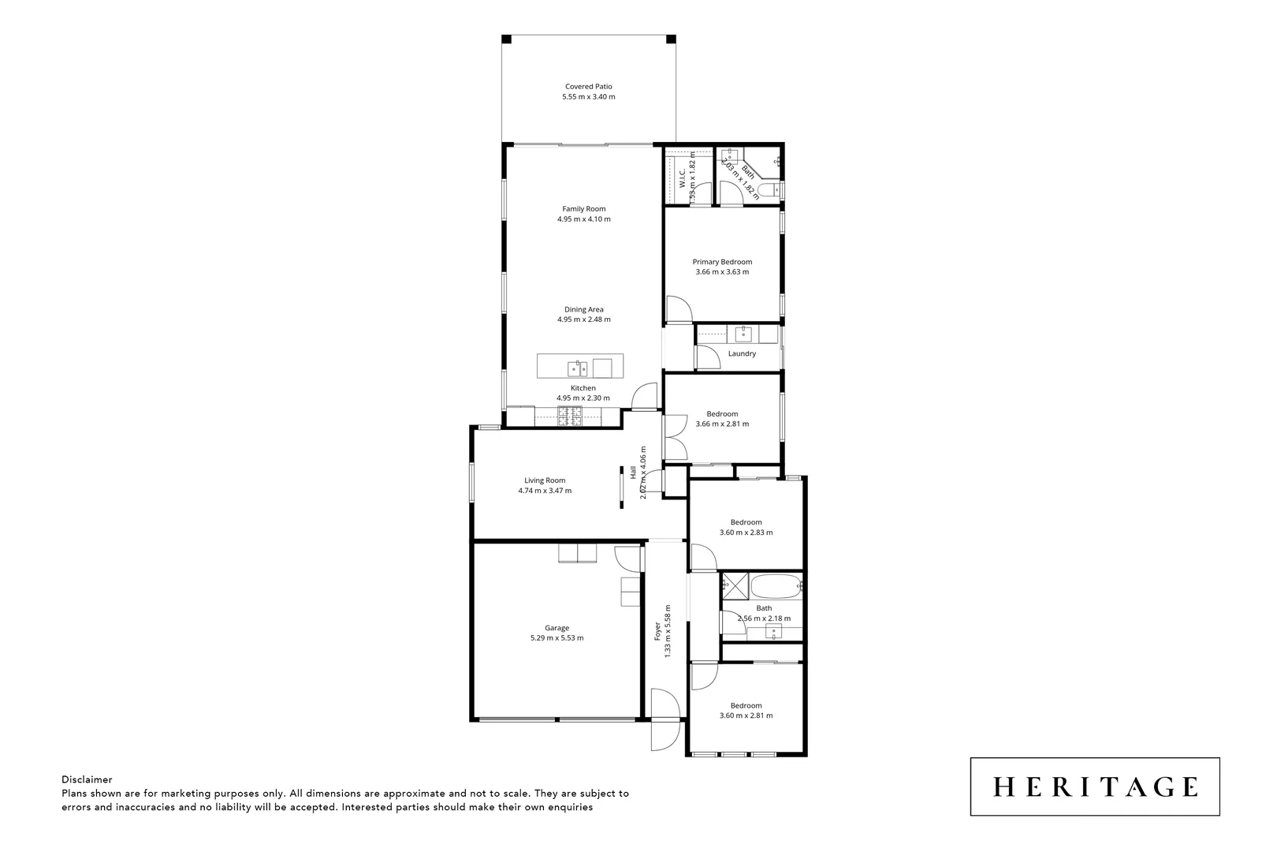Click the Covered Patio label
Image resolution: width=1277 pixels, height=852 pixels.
click(x=588, y=87)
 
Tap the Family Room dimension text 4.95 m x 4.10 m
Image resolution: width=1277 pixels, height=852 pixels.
click(x=583, y=219)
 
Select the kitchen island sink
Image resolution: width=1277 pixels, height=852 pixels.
click(x=577, y=368)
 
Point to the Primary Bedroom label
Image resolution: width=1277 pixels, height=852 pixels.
click(x=722, y=262)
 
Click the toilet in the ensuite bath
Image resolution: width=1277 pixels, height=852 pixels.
click(x=774, y=189)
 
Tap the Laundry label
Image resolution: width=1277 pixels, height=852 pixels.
click(x=742, y=353)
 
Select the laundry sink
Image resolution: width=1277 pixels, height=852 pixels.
click(x=743, y=334)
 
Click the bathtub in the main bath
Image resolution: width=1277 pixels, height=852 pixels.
click(x=776, y=586)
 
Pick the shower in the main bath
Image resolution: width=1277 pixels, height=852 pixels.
click(x=735, y=586)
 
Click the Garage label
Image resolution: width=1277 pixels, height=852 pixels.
click(x=557, y=628)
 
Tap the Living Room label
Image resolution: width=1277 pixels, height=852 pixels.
click(x=545, y=480)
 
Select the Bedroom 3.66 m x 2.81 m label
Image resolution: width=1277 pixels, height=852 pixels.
click(x=722, y=414)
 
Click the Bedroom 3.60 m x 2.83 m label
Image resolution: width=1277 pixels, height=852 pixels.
click(x=746, y=522)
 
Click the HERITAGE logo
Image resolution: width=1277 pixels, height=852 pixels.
click(x=1094, y=787)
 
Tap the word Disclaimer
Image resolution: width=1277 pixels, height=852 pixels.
click(x=87, y=779)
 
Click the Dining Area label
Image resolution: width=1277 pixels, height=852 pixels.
click(x=583, y=309)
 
